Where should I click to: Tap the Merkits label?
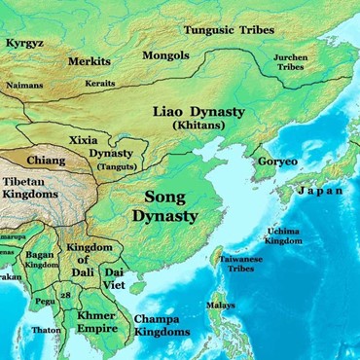(89, 61)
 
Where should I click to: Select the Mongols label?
(165, 55)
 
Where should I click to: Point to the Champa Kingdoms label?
(161, 325)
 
